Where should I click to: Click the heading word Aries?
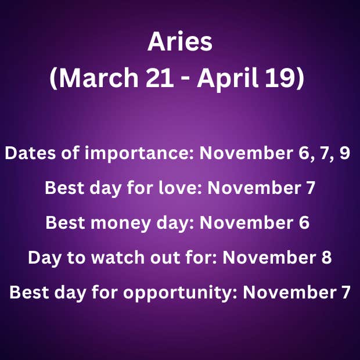[x=180, y=41]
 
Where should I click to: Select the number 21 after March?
[x=160, y=78]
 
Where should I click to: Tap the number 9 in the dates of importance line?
[x=345, y=153]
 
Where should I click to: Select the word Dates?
[x=30, y=153]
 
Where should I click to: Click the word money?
[x=121, y=223]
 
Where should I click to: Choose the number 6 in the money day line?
[x=304, y=222]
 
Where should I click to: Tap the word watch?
[x=117, y=257]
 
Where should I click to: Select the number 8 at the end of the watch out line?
[x=326, y=257]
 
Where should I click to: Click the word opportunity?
[x=180, y=293]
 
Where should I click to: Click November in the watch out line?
[x=269, y=257]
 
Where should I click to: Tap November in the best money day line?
[x=247, y=222]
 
